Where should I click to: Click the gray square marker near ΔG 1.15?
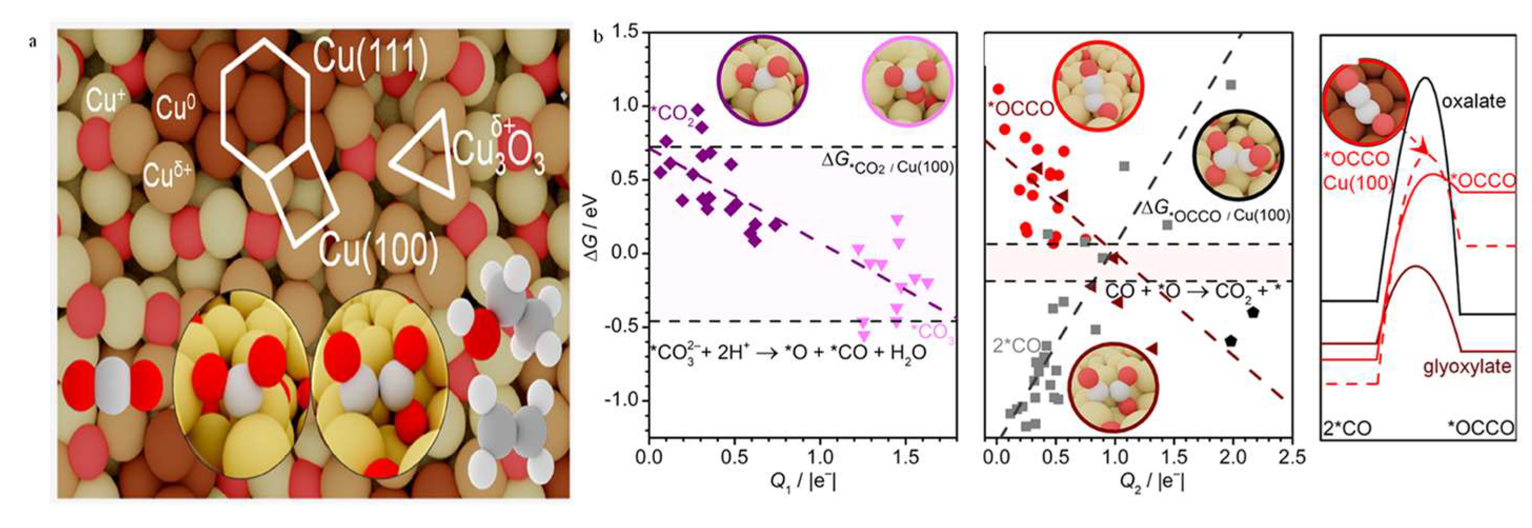1231,85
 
